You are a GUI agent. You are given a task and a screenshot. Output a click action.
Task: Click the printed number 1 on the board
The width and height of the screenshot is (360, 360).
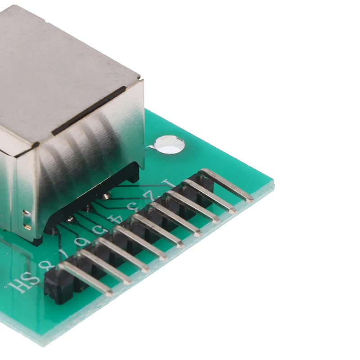[x=167, y=184]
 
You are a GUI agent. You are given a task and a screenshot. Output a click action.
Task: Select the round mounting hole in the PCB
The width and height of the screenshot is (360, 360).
[x=169, y=144]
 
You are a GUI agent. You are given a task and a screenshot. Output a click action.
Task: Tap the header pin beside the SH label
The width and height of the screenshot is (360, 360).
[x=85, y=279]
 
